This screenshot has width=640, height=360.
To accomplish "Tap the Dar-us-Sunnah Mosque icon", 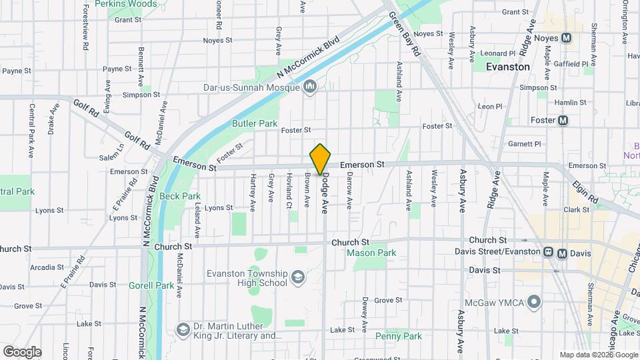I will [x=309, y=87].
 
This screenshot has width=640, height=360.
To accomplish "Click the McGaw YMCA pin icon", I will [x=533, y=303].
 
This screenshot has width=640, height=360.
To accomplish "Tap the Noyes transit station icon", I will [x=567, y=38].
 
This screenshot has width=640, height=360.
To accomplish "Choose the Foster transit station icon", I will [x=563, y=121].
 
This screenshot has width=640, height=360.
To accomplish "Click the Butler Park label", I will [x=254, y=123].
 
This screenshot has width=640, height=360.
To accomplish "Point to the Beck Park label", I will [x=180, y=197].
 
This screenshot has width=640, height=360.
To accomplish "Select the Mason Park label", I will [x=371, y=253].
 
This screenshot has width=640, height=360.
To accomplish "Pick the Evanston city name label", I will [x=508, y=67].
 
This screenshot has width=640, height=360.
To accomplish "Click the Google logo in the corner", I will [x=21, y=352].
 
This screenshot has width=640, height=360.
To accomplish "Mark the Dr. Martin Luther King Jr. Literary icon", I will [x=183, y=330].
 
